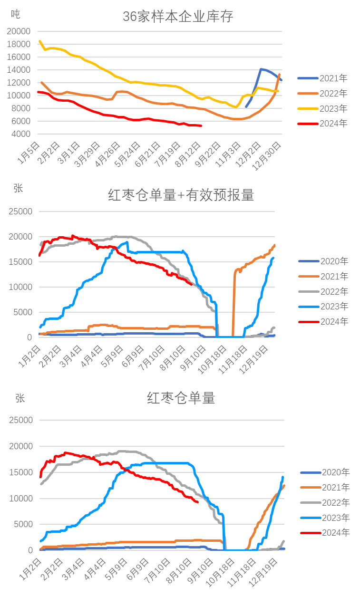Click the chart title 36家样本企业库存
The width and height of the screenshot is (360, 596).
tap(178, 17)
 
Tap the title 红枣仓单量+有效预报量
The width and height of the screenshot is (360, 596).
tap(181, 195)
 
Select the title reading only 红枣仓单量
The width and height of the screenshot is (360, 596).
tap(181, 398)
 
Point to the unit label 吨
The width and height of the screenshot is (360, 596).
tap(16, 14)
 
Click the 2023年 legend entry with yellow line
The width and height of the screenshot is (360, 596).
tap(322, 108)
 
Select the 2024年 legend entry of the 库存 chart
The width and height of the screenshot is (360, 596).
tap(322, 124)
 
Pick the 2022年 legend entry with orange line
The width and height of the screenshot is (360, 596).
tap(322, 93)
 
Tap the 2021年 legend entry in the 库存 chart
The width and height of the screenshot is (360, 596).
tap(322, 78)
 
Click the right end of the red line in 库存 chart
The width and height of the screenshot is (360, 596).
tap(202, 125)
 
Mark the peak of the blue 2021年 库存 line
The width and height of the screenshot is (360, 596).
tap(261, 69)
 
